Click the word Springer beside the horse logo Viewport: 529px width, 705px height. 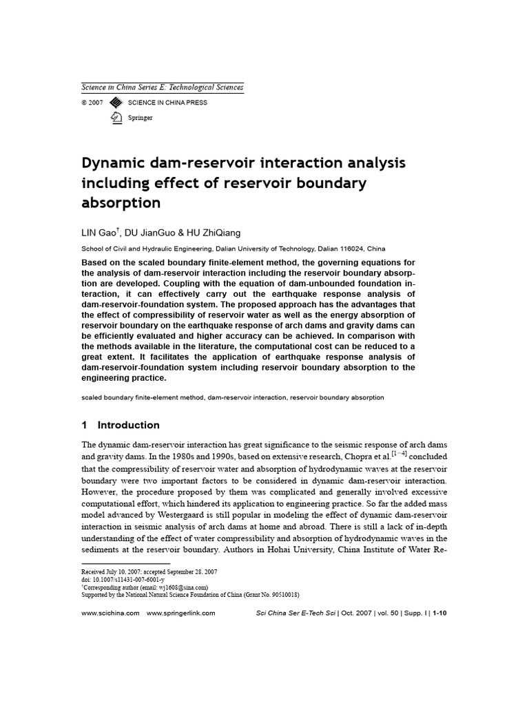[x=141, y=118]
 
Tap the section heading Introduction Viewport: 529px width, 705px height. [x=128, y=425]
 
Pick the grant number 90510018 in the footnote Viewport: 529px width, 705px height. [x=284, y=596]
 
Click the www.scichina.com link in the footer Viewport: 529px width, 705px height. [x=110, y=613]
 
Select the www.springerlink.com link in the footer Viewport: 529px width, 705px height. [x=181, y=613]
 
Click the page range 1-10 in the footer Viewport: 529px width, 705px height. [x=439, y=613]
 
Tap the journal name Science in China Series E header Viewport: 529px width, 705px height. [x=162, y=87]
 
